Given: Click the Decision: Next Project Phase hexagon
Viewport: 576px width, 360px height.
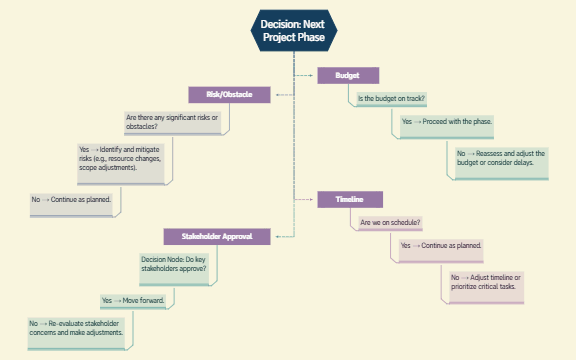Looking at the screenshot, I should [x=293, y=30].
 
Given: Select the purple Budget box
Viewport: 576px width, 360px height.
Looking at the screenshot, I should [x=348, y=75].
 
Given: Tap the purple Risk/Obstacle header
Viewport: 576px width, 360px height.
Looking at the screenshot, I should [x=229, y=95].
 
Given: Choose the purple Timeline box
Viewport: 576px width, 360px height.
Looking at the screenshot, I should [x=348, y=200].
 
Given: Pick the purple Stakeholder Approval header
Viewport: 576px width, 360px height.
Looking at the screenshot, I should [x=216, y=237].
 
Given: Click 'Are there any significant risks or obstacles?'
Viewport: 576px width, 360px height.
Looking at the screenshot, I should [x=172, y=123].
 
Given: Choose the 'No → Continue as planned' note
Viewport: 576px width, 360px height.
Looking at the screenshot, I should [x=75, y=201].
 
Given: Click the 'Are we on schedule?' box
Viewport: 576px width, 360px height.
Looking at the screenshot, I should [x=390, y=222].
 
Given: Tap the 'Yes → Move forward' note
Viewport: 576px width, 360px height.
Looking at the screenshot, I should [x=136, y=300].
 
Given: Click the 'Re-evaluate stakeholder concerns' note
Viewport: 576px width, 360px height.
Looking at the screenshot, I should [x=77, y=330].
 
